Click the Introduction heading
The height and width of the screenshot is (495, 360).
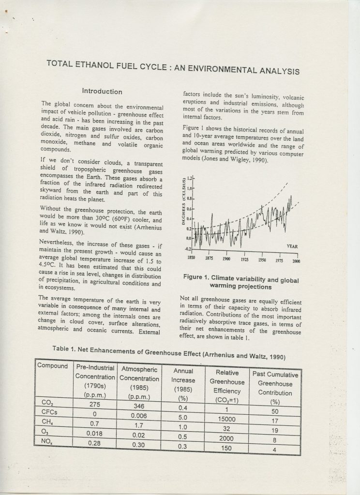(102, 91)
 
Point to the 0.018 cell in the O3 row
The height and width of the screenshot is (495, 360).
(94, 433)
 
